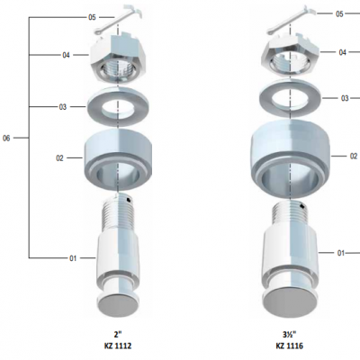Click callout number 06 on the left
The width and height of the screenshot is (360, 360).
click(6, 139)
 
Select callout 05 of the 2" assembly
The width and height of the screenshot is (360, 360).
click(92, 17)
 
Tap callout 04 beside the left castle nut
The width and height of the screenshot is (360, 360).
click(66, 55)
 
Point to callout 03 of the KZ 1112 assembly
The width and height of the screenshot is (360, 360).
click(62, 107)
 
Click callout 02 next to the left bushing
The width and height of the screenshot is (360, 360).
click(59, 158)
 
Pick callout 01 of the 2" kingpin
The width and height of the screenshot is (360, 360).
click(73, 258)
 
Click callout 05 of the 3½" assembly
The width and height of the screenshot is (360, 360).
click(339, 14)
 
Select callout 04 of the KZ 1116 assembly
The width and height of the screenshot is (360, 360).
click(343, 52)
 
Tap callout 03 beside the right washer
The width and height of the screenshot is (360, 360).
click(345, 98)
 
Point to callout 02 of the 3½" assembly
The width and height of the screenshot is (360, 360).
click(354, 157)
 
